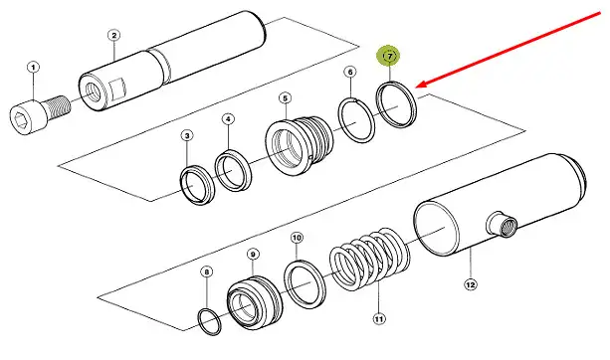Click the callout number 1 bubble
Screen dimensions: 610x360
33,68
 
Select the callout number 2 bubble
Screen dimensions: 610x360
113,36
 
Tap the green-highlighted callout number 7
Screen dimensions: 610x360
390,57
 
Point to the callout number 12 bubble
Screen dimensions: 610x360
471,284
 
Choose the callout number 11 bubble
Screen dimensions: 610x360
379,319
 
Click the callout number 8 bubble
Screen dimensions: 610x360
207,271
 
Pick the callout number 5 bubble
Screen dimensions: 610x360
286,98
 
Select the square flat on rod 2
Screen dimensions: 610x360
117,90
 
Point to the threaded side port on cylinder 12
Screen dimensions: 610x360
503,225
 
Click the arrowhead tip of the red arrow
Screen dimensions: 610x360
416,88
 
